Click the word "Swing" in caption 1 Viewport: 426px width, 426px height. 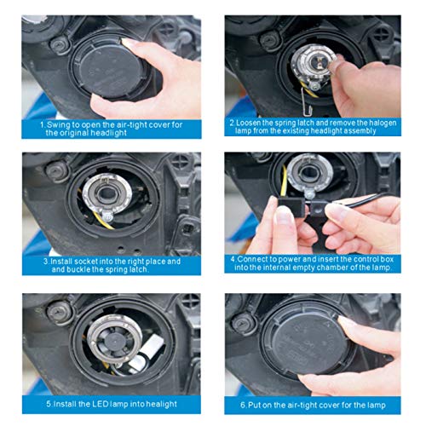coord(58,125)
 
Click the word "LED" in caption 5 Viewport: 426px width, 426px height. coord(101,404)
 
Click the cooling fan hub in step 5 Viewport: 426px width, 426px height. coord(116,339)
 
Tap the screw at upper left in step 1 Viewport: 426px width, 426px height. coord(60,45)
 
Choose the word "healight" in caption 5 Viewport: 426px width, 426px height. coord(162,404)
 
